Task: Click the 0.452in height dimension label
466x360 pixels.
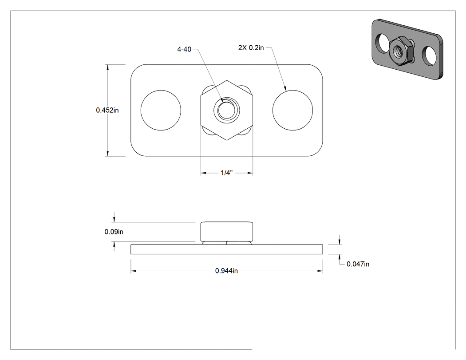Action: point(107,110)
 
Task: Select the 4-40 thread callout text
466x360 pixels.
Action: point(184,49)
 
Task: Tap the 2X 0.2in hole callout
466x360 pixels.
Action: point(251,47)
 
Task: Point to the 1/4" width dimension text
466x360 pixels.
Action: point(226,173)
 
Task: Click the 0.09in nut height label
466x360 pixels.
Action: point(114,232)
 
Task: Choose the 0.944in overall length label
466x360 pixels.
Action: point(226,271)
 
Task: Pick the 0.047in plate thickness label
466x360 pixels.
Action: point(358,264)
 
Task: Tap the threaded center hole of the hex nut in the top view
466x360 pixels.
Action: point(226,110)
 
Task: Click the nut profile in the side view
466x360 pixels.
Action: point(226,232)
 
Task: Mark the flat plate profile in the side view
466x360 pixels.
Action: point(226,249)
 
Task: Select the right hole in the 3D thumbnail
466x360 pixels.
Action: point(430,55)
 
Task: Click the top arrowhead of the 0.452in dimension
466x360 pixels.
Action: point(107,67)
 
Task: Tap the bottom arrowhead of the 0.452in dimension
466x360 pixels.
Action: point(107,154)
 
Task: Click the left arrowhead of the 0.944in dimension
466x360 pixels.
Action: point(134,271)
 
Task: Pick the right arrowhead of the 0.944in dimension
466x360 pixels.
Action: point(320,271)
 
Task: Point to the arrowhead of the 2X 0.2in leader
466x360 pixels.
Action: point(285,88)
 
